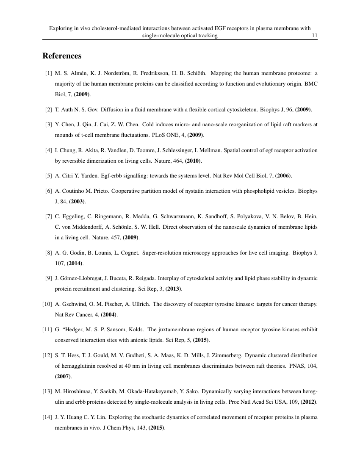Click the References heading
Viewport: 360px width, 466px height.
click(62, 56)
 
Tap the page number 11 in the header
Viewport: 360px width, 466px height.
click(314, 36)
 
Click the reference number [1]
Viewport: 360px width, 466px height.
click(48, 73)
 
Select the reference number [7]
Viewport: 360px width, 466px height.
click(48, 216)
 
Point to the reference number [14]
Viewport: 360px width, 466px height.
click(47, 417)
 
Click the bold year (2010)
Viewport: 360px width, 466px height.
click(193, 161)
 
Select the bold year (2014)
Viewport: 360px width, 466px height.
click(75, 264)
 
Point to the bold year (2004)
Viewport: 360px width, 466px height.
click(109, 315)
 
